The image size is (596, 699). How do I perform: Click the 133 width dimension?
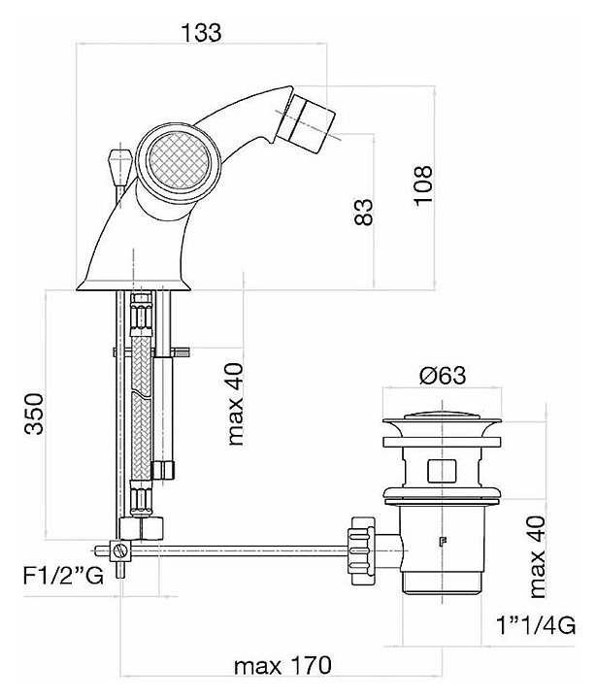[x=203, y=31]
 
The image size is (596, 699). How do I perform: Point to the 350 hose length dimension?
[x=34, y=416]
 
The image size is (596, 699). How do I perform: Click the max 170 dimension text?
[x=283, y=667]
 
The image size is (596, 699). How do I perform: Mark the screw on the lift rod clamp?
[x=119, y=551]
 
